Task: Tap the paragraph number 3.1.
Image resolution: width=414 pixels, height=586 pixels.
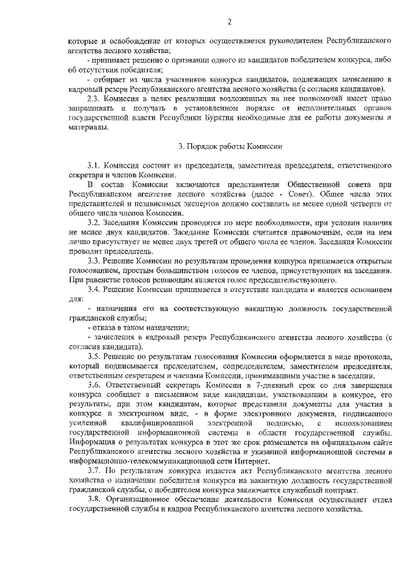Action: pos(96,166)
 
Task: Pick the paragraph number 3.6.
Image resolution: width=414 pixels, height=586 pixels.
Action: pos(96,385)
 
